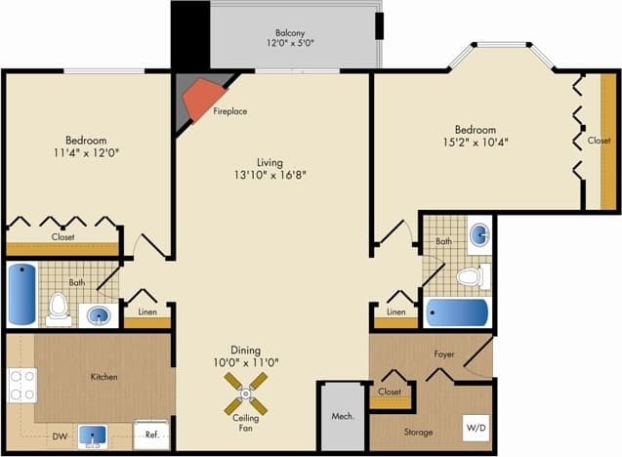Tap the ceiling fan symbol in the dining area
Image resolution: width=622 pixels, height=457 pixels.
pos(246,395)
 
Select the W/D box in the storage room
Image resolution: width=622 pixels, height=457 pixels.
pos(476,428)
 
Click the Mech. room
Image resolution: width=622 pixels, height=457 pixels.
pos(343,417)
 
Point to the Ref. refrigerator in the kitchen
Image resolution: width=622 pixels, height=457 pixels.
pos(151,435)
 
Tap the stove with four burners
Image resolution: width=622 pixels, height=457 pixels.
pos(21,385)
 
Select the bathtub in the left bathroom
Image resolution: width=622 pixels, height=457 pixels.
pos(21,292)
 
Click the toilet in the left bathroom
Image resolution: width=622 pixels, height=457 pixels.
pos(59,307)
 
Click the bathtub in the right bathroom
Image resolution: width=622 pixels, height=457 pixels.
pos(456,313)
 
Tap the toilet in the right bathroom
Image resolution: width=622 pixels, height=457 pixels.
pos(470,276)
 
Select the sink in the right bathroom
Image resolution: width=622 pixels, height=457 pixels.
pos(478,235)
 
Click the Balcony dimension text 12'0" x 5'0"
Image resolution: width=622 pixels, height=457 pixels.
pos(292,43)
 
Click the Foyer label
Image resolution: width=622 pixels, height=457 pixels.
pos(443,354)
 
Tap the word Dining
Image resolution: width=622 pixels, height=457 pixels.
pos(246,349)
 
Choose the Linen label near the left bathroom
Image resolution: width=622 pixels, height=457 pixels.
pos(146,312)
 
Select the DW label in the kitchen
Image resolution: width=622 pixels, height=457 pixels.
pos(60,437)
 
